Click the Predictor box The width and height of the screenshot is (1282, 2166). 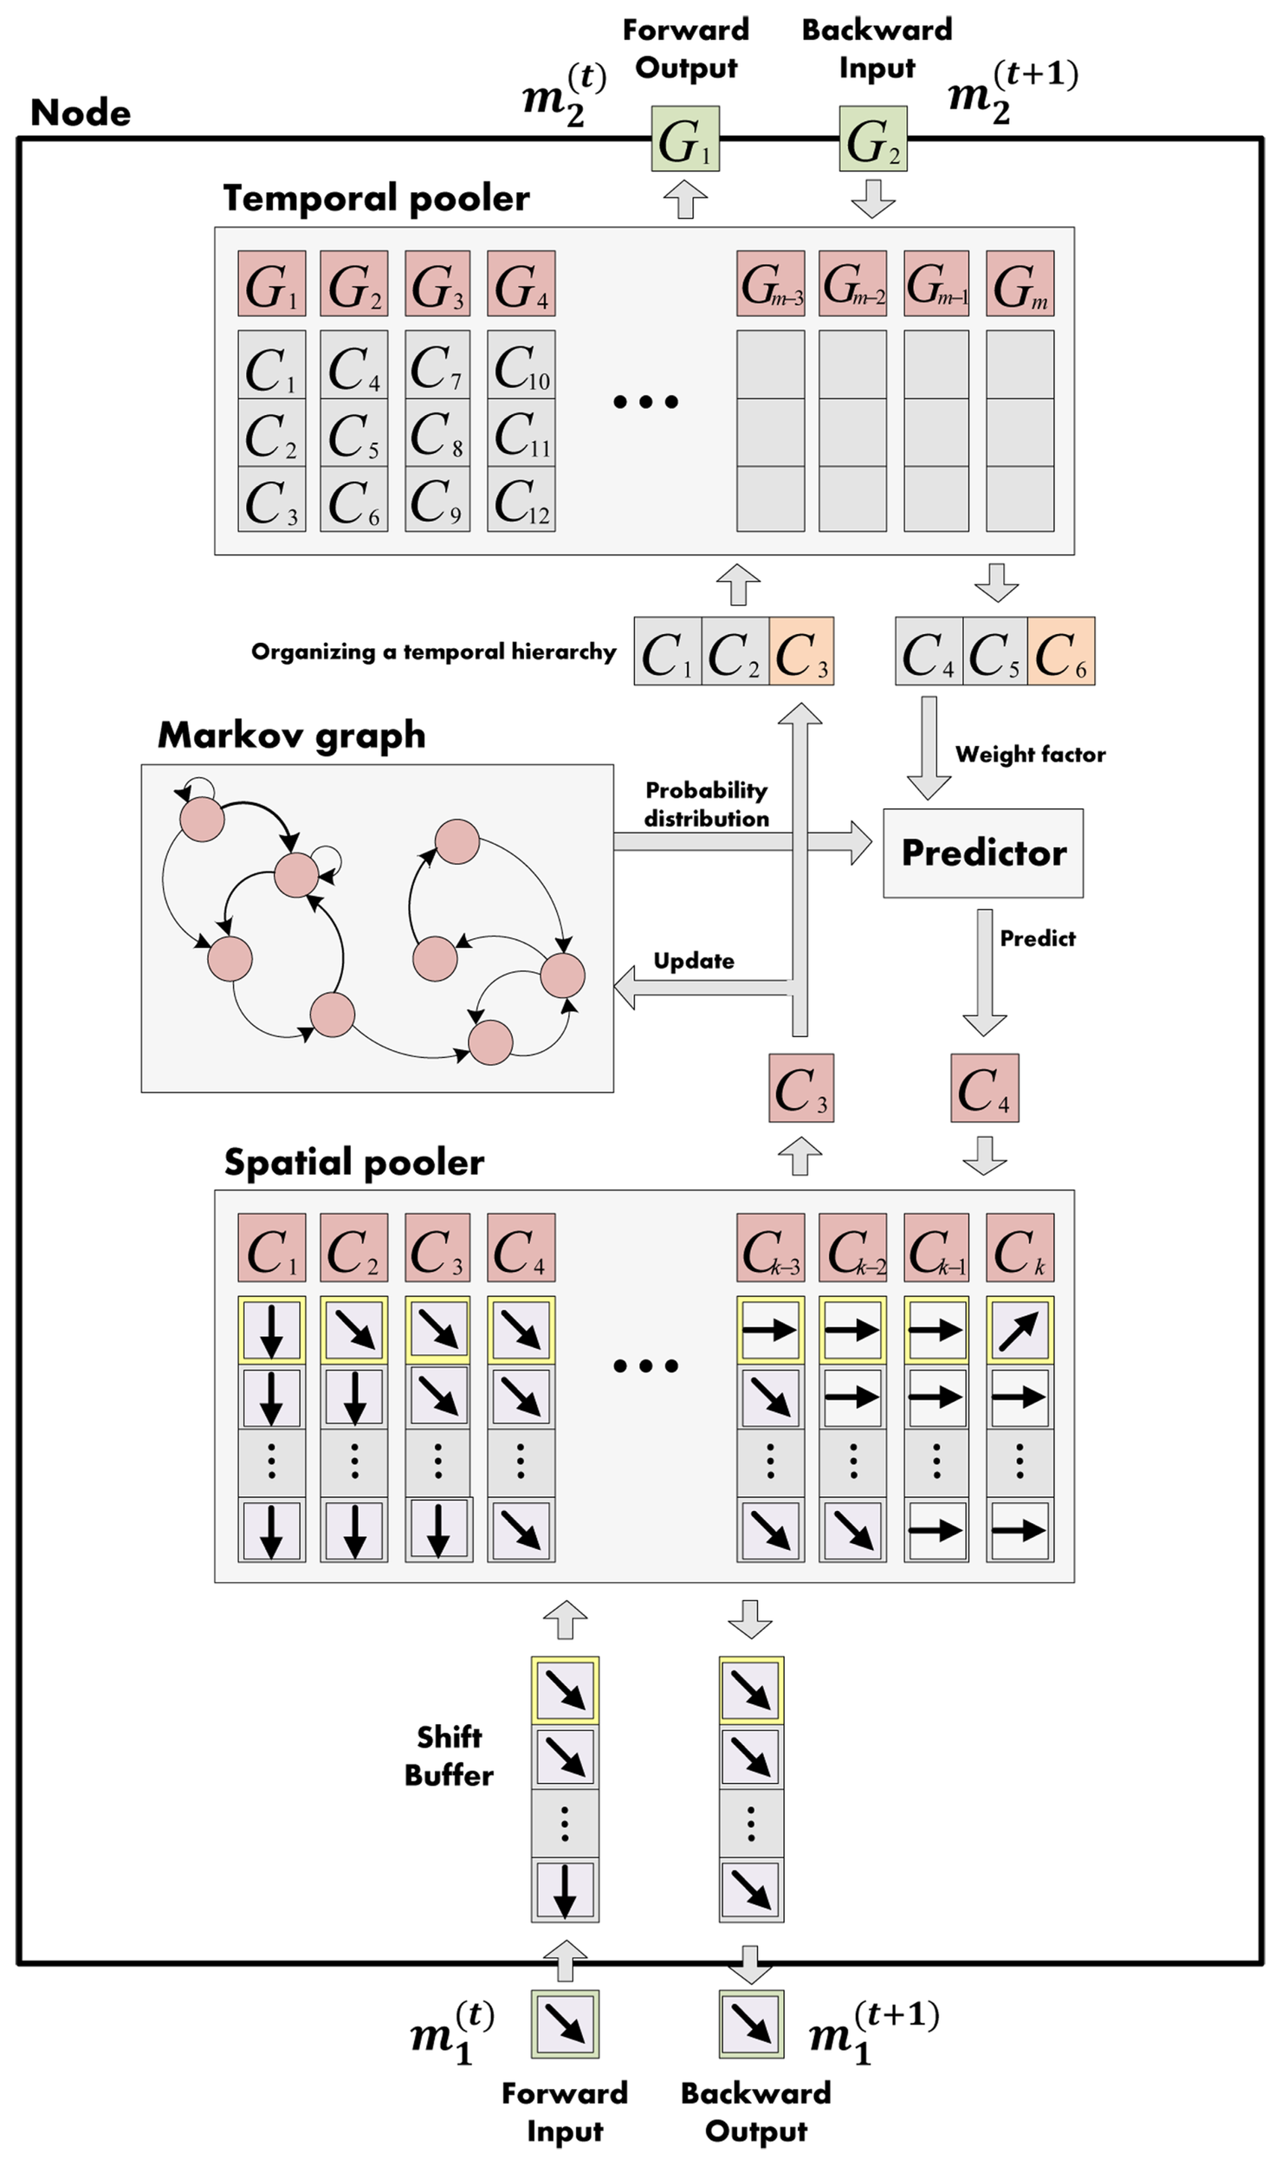click(x=982, y=853)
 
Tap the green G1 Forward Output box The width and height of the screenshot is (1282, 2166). click(x=685, y=139)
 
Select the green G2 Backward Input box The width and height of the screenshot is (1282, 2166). click(x=872, y=139)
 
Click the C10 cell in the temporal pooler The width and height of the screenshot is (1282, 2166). click(x=521, y=365)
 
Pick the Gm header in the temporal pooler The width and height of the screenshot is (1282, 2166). click(x=1020, y=283)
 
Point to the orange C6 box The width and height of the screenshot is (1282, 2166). click(x=1060, y=652)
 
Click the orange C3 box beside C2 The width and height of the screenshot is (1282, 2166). click(x=801, y=652)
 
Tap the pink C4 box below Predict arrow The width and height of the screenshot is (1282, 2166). click(x=984, y=1087)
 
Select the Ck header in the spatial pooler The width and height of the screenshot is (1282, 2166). click(x=1020, y=1248)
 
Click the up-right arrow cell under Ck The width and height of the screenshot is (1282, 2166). click(x=1020, y=1329)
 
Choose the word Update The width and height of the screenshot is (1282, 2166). click(x=693, y=961)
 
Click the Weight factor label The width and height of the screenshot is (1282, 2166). click(x=1030, y=754)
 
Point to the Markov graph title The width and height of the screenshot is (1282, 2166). click(x=291, y=735)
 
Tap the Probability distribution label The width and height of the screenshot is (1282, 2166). click(x=706, y=804)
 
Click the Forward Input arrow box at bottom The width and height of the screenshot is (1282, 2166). click(x=565, y=2024)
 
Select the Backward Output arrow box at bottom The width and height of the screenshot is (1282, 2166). click(x=751, y=2024)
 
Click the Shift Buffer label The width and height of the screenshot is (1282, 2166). click(x=449, y=1755)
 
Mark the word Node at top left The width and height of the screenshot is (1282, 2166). click(x=81, y=113)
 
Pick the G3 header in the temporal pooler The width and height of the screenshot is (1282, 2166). click(x=437, y=283)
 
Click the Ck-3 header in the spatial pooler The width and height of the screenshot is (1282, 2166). click(x=770, y=1248)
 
